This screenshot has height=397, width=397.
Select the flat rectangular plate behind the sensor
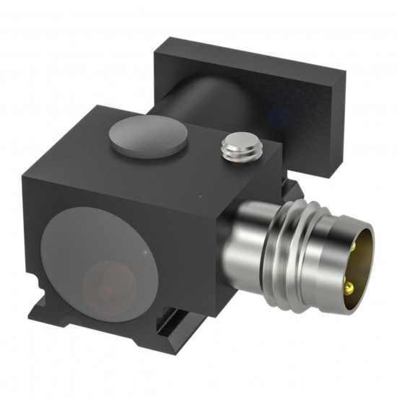253,72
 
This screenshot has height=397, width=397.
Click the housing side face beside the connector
209,238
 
